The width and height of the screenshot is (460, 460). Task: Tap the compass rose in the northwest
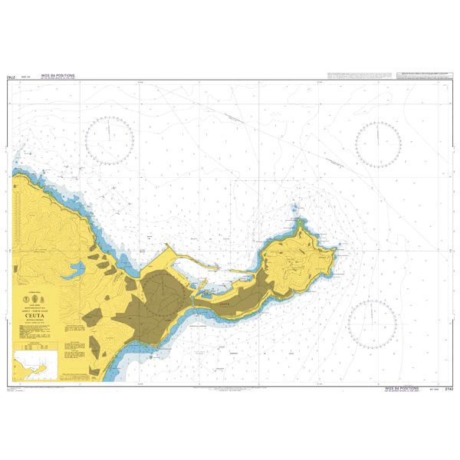110,143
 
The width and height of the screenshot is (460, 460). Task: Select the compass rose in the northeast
379,143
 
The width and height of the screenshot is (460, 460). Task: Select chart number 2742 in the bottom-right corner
449,390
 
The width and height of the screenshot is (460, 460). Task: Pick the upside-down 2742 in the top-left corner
11,78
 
